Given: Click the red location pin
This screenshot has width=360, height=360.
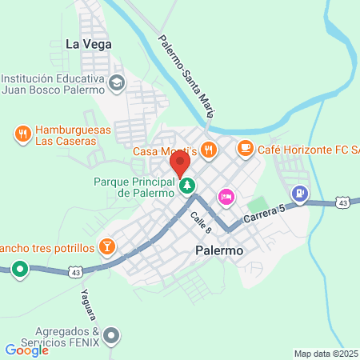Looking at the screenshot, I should (x=179, y=164).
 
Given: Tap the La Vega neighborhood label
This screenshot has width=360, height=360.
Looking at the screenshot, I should (x=87, y=44).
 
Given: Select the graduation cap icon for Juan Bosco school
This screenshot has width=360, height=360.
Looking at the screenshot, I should (x=117, y=82).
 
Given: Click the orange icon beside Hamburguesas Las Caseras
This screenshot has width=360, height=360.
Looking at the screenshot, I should (x=22, y=134).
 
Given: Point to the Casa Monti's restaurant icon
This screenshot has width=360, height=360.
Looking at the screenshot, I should (x=208, y=148).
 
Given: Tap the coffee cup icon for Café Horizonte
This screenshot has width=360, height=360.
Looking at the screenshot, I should (x=245, y=148).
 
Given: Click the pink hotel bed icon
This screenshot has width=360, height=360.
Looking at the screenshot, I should (x=226, y=195).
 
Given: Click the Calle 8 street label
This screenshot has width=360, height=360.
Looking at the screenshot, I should (x=200, y=222).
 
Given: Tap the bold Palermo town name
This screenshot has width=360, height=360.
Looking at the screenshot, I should (x=218, y=250).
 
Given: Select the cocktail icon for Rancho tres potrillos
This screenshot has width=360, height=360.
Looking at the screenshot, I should (x=105, y=243).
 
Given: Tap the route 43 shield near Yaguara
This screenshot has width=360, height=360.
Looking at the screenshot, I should (x=74, y=271).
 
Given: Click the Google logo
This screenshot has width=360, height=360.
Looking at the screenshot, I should (x=26, y=350).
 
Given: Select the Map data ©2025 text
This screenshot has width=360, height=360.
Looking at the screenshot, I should (x=325, y=354).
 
